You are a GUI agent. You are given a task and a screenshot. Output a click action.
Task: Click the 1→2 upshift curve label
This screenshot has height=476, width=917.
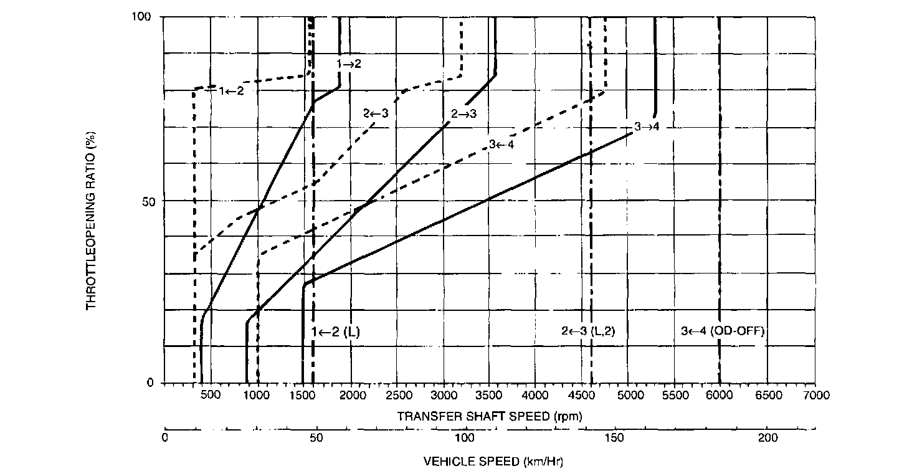click(x=349, y=64)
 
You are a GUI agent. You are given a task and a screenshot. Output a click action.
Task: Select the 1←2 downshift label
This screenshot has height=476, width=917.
click(x=230, y=91)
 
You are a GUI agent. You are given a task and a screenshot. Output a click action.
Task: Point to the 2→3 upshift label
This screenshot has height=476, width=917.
click(x=463, y=113)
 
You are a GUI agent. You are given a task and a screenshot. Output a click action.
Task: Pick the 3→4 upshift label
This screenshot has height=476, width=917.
click(x=646, y=126)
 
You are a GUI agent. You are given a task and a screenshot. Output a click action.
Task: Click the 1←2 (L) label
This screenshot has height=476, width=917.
click(x=336, y=332)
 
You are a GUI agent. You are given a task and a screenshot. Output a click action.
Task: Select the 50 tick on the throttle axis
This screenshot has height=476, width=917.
click(x=150, y=201)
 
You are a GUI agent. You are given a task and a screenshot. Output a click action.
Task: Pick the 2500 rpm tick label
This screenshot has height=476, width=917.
click(x=397, y=396)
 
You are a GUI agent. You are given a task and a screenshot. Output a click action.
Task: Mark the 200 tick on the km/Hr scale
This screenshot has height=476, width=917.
click(x=767, y=438)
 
